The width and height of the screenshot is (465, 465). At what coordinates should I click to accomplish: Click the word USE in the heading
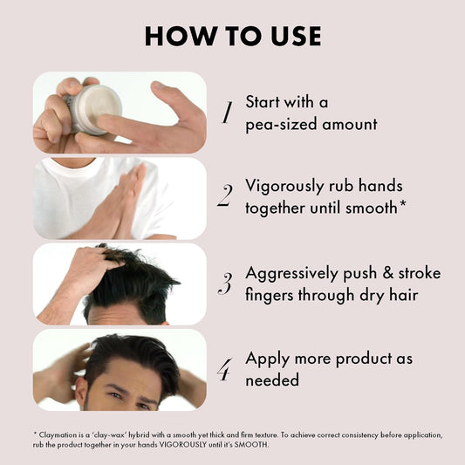(x=296, y=36)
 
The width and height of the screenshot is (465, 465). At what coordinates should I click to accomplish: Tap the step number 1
(x=228, y=112)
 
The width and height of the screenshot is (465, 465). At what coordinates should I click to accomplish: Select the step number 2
(x=225, y=195)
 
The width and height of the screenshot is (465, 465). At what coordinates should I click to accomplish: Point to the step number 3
(x=225, y=284)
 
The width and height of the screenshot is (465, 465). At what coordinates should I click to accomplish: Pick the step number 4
(x=224, y=370)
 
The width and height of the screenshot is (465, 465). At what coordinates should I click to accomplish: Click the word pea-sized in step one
(x=282, y=125)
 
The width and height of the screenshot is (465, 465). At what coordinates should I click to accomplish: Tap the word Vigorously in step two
(x=284, y=187)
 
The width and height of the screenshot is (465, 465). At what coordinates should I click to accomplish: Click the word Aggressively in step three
(x=291, y=274)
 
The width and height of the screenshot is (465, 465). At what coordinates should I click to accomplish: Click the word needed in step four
(x=272, y=380)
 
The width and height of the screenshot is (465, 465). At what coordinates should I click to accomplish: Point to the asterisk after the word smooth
(x=402, y=204)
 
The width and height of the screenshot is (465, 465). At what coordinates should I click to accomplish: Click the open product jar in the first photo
(x=93, y=109)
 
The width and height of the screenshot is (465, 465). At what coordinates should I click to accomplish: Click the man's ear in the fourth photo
(x=80, y=392)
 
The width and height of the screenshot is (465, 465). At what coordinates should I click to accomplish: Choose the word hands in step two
(x=380, y=186)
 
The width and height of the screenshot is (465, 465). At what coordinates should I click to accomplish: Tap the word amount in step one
(x=350, y=124)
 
